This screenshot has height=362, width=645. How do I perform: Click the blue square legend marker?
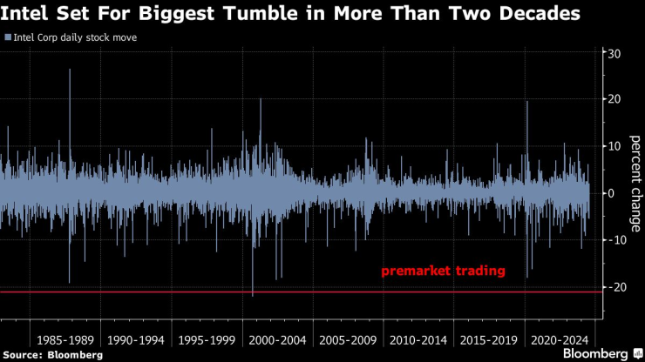[x=7, y=38]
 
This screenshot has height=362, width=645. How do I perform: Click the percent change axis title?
[x=635, y=185]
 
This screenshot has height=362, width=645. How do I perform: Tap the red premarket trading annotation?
[x=443, y=271]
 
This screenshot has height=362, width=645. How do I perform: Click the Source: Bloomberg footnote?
[x=52, y=355]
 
